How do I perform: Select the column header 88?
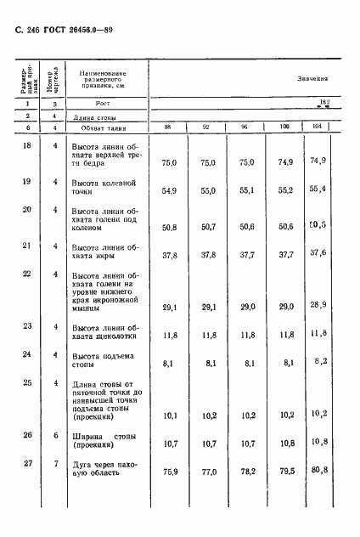pyautogui.click(x=168, y=127)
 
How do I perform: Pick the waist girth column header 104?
pyautogui.click(x=317, y=127)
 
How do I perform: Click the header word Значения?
pyautogui.click(x=312, y=77)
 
